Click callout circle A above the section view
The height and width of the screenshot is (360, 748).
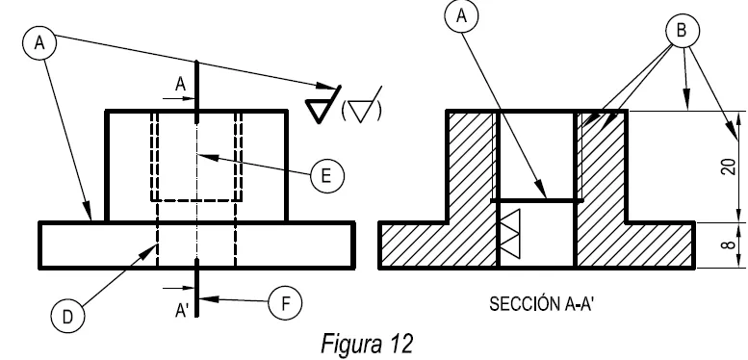466,16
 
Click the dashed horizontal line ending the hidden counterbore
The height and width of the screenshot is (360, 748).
197,200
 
